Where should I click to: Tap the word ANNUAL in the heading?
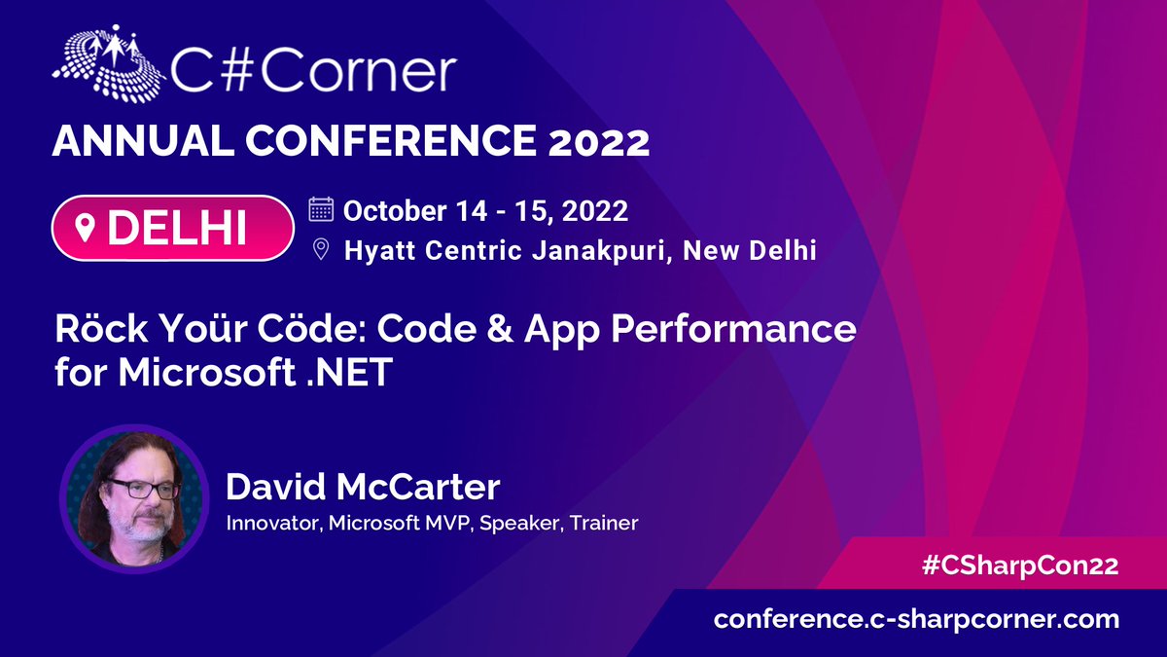tap(143, 140)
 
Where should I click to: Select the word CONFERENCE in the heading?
tap(391, 140)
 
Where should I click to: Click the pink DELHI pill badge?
tap(172, 228)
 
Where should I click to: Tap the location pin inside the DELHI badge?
tap(85, 229)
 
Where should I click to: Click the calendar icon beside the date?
tap(321, 209)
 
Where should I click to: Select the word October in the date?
tap(395, 210)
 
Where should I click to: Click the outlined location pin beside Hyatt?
tap(321, 249)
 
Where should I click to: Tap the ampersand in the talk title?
tap(501, 329)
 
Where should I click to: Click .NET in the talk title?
tap(348, 372)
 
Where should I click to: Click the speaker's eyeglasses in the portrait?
tap(143, 489)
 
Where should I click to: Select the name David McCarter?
tap(363, 487)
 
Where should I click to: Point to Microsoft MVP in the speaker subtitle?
tap(400, 523)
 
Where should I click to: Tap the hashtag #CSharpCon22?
tap(1019, 566)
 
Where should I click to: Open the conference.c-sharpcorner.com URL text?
tap(916, 620)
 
